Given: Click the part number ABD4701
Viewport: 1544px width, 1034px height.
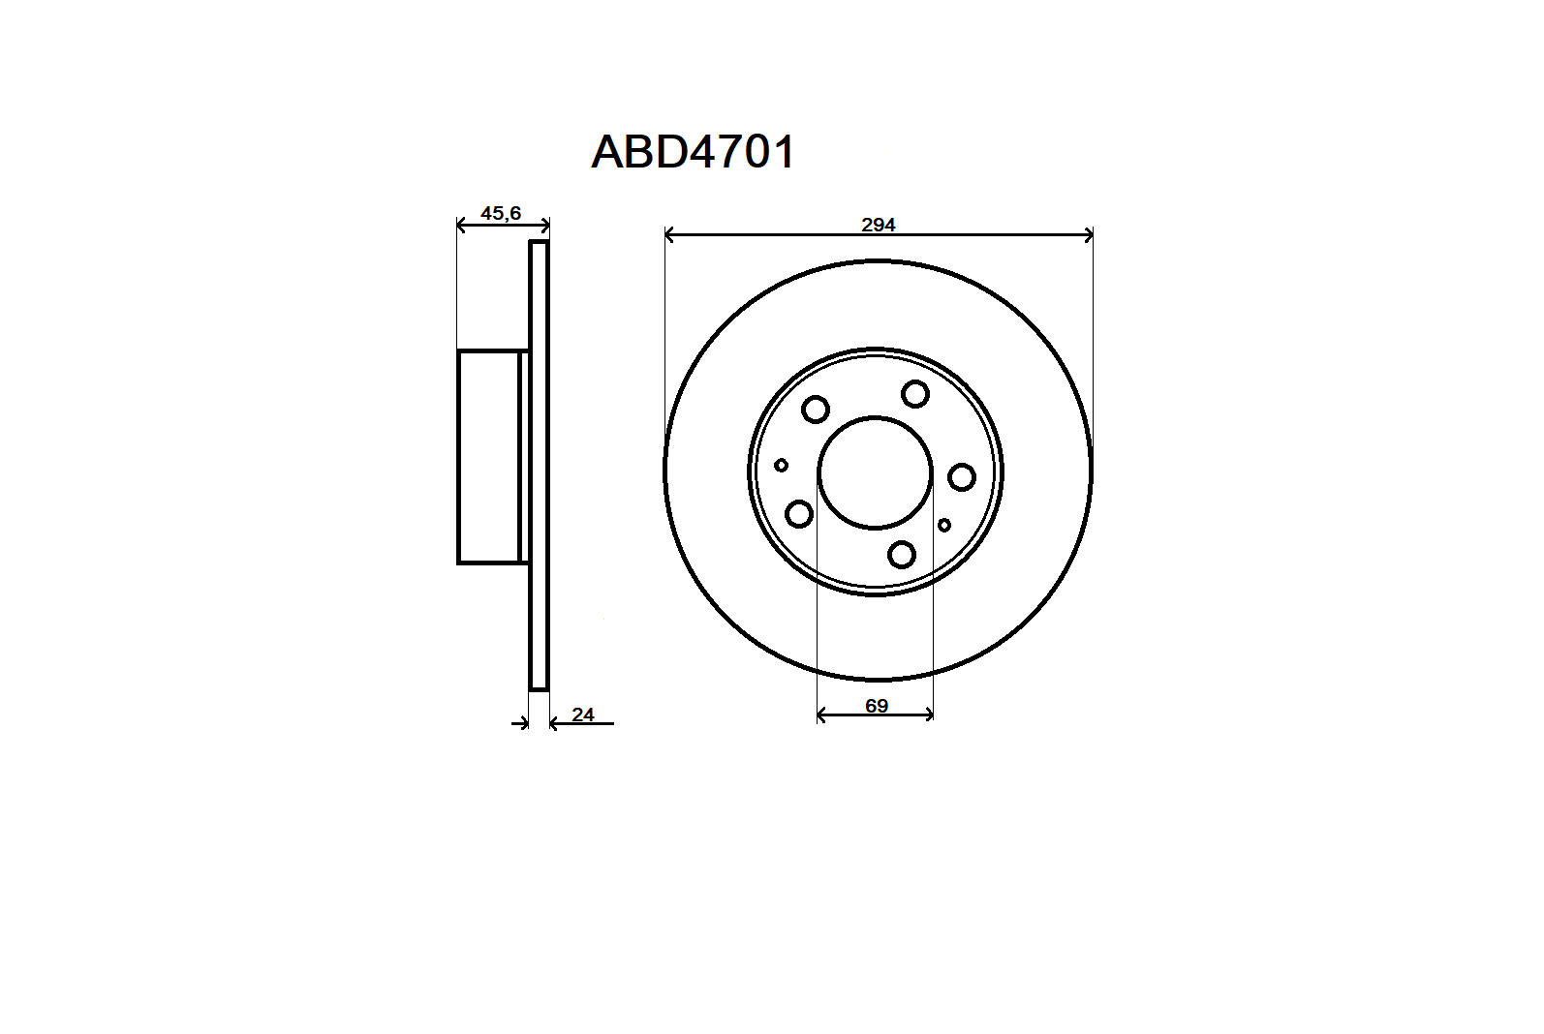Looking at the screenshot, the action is pyautogui.click(x=694, y=152).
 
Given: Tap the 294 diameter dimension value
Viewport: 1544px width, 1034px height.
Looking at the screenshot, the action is pyautogui.click(x=879, y=225).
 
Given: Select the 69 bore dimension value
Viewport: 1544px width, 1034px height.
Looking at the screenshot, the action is pyautogui.click(x=876, y=706).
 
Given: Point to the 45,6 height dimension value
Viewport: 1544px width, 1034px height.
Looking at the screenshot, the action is pyautogui.click(x=501, y=214).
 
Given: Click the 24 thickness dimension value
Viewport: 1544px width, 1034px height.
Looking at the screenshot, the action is pyautogui.click(x=582, y=715).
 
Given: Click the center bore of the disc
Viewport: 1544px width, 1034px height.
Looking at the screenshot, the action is pyautogui.click(x=876, y=472).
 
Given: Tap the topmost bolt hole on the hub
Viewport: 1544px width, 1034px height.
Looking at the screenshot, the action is pyautogui.click(x=915, y=394).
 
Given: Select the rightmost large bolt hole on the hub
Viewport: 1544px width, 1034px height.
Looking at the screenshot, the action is pyautogui.click(x=962, y=476).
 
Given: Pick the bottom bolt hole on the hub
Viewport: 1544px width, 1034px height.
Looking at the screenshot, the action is pyautogui.click(x=902, y=555).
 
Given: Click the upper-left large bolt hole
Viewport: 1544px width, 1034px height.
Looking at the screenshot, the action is pyautogui.click(x=816, y=410).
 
